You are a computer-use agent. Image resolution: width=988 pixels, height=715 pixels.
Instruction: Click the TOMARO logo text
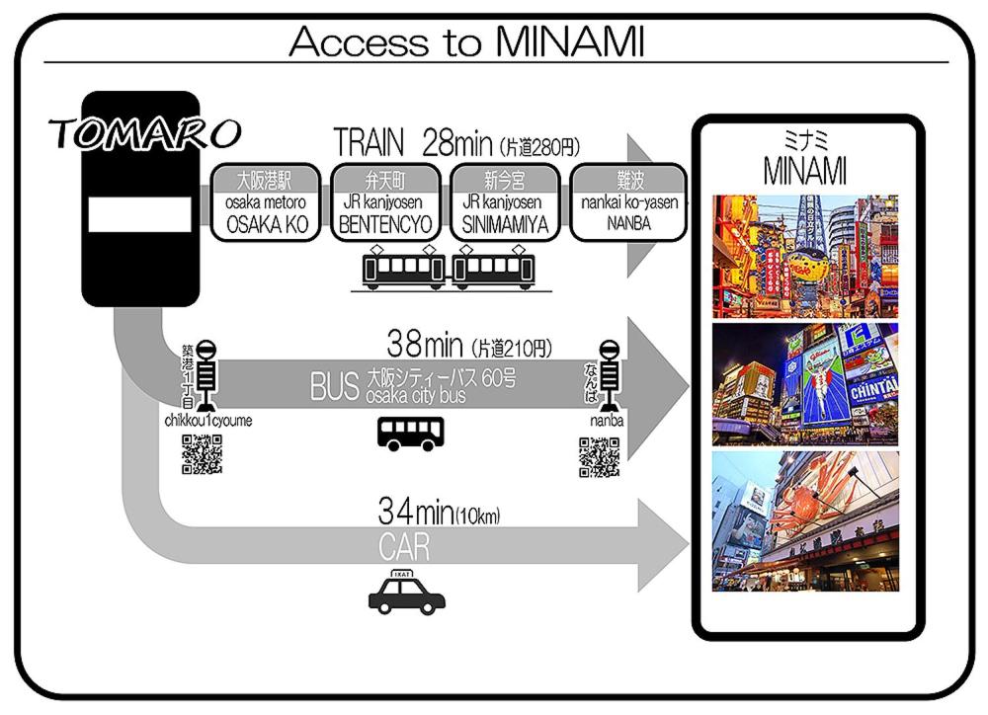(x=144, y=132)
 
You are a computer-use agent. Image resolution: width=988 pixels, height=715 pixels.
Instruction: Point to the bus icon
(x=412, y=433)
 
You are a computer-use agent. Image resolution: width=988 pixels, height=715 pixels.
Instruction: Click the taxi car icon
(x=406, y=592)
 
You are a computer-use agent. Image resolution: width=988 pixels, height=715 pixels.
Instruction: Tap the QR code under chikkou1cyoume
(x=202, y=454)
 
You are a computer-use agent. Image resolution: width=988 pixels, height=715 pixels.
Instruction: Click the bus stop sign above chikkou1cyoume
(x=206, y=373)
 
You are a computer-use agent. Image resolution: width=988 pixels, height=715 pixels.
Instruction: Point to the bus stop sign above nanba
(x=610, y=373)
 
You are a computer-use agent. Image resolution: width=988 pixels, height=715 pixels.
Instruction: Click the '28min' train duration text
(x=456, y=143)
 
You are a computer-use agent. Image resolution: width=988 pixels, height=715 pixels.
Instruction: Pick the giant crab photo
(x=805, y=520)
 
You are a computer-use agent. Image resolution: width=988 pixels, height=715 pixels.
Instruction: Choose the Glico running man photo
(x=805, y=384)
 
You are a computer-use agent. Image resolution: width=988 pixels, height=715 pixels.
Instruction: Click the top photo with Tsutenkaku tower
(x=805, y=256)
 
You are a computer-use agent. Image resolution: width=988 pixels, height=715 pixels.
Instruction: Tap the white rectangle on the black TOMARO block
(x=139, y=214)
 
